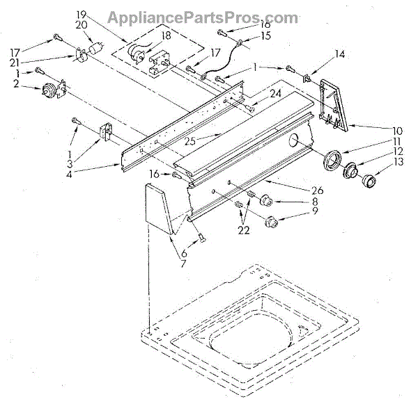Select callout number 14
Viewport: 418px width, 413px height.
point(340,54)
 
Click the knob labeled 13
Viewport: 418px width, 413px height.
point(368,183)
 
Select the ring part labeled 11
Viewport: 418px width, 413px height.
point(334,159)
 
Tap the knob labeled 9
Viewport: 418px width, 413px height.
point(271,222)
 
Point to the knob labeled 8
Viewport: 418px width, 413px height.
point(265,201)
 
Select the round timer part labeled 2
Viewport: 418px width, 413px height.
point(51,90)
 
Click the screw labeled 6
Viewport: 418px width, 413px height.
point(202,237)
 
